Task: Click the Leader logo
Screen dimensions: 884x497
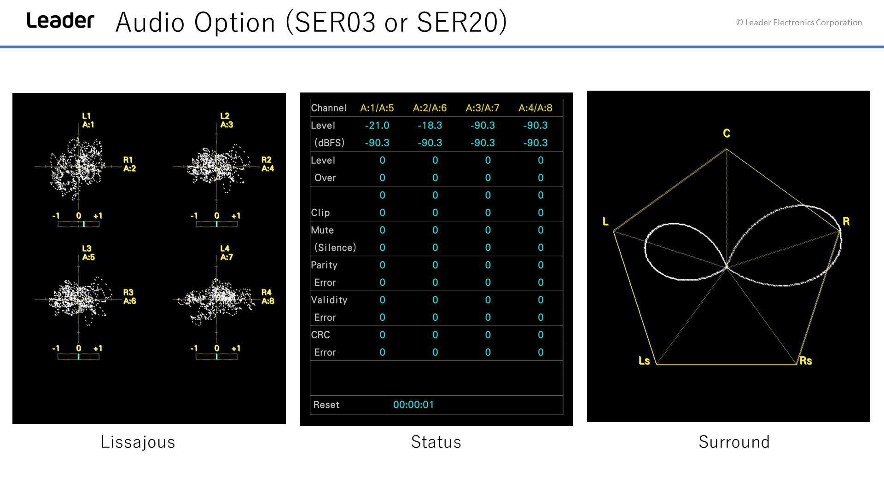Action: [x=60, y=21]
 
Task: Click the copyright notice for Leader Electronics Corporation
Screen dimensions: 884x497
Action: [x=799, y=23]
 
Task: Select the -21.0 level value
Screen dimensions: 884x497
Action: [x=377, y=126]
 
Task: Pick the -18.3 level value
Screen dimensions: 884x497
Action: [x=430, y=126]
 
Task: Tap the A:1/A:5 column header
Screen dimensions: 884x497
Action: [x=377, y=108]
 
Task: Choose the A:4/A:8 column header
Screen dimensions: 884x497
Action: [x=535, y=108]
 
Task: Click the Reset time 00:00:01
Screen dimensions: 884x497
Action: [x=413, y=405]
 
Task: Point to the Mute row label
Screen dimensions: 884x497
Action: [x=322, y=231]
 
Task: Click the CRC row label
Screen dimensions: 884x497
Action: [x=320, y=335]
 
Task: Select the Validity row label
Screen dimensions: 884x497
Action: [x=329, y=300]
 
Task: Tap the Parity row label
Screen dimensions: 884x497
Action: [x=324, y=266]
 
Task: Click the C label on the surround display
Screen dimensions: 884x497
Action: [x=727, y=133]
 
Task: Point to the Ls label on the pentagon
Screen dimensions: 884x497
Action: [x=644, y=361]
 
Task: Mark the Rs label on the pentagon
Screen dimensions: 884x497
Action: [x=806, y=361]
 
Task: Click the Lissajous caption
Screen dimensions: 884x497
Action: [x=138, y=442]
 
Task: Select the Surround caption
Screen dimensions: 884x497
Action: [x=734, y=442]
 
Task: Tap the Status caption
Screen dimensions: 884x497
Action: [x=436, y=442]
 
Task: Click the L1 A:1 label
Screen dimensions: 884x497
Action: [x=88, y=121]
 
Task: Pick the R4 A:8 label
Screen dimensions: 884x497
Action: [x=268, y=297]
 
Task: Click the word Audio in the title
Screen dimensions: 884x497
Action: [x=150, y=22]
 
